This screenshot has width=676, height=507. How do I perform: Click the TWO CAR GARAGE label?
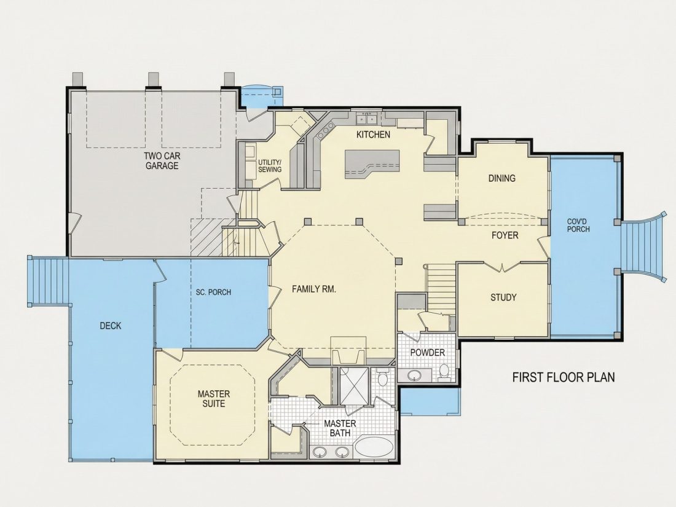click(162, 161)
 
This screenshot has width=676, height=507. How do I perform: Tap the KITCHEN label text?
click(374, 135)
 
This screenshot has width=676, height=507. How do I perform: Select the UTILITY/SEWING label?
click(270, 166)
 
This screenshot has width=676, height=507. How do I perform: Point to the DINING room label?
click(502, 178)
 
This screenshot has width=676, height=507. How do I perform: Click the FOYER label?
click(505, 235)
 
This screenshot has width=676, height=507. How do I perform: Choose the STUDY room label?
click(503, 297)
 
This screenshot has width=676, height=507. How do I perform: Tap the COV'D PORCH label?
click(578, 225)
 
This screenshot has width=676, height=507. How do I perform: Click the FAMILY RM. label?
click(314, 289)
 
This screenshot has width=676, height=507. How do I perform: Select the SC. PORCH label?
click(213, 293)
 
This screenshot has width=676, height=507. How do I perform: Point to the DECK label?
click(111, 326)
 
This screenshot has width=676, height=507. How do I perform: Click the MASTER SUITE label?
click(214, 399)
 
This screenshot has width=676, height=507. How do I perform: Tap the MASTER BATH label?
click(340, 428)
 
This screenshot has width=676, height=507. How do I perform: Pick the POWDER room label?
click(427, 353)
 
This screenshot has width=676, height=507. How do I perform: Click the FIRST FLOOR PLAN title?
click(564, 377)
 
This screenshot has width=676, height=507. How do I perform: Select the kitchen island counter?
click(372, 164)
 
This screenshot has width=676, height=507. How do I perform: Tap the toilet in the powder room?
click(444, 372)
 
